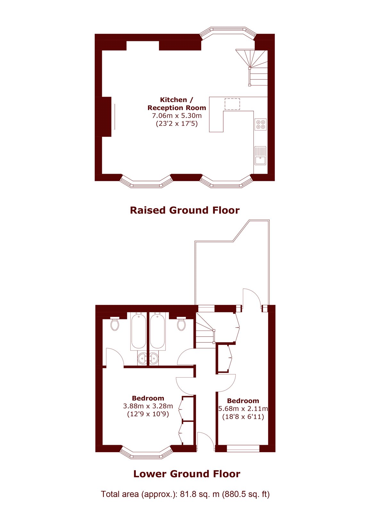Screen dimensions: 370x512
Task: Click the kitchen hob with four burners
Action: (261, 124)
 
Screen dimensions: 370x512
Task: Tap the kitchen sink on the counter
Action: (261, 156)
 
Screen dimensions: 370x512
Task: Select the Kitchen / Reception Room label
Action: (177, 104)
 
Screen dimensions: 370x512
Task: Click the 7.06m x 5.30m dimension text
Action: (177, 116)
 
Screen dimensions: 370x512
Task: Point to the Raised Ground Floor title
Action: (185, 210)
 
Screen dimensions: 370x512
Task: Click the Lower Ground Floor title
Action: (187, 474)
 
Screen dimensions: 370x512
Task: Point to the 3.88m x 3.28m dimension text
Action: (148, 406)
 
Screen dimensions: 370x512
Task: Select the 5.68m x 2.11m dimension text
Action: (243, 408)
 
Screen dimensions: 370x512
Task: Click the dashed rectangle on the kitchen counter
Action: (232, 104)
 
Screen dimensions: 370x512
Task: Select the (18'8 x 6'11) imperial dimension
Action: (243, 417)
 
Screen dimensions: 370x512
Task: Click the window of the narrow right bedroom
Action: (243, 448)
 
